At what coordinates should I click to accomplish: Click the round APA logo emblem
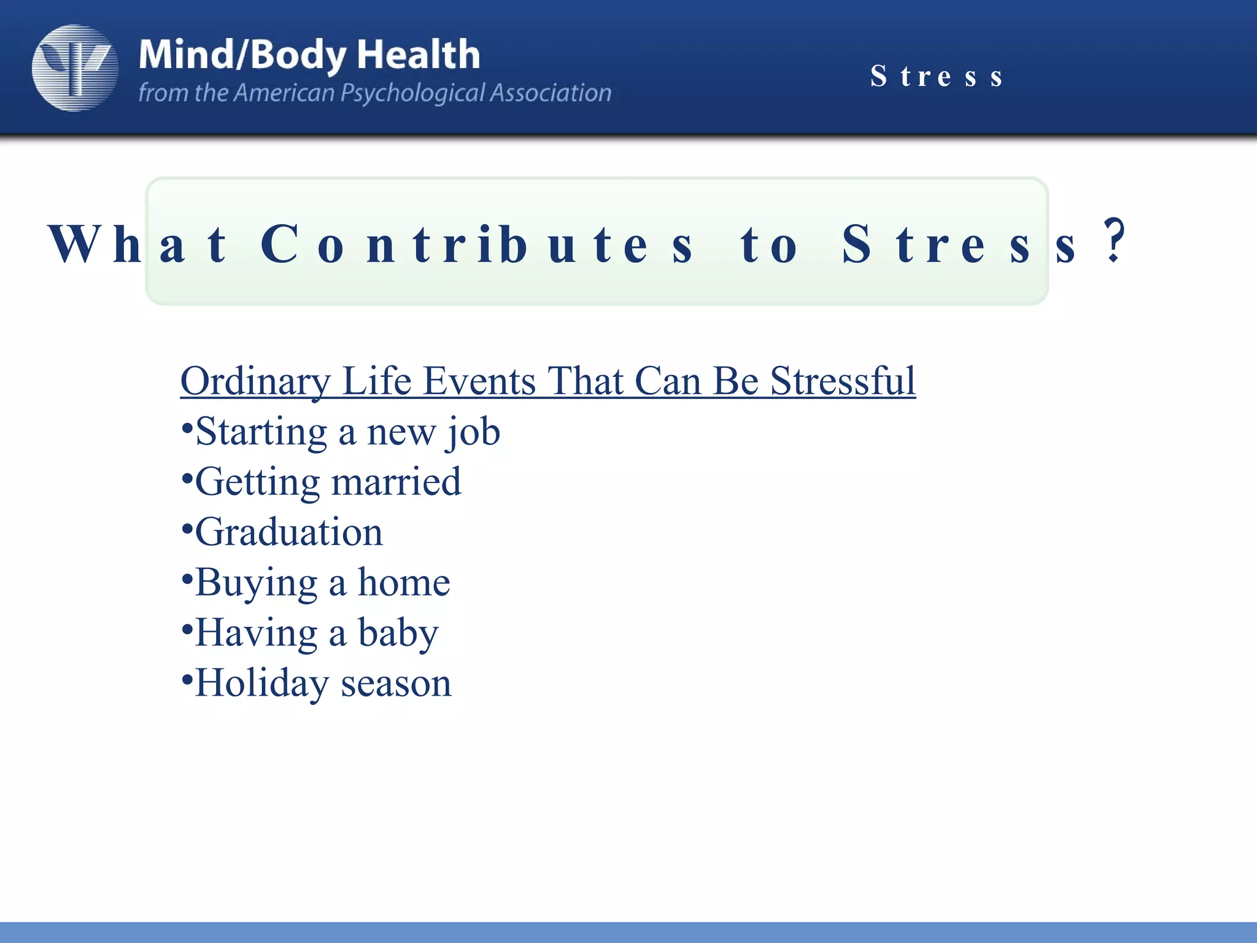pos(75,68)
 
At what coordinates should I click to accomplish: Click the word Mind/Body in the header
pos(242,55)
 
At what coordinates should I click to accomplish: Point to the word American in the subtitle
pos(284,93)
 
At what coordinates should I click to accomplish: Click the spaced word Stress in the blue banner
pos(937,77)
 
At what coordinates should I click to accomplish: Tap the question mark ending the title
pos(1113,241)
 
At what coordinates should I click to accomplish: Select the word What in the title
pos(138,244)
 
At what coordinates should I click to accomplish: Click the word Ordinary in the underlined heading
pos(256,382)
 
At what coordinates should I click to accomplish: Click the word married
pos(396,481)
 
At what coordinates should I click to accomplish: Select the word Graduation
pos(289,532)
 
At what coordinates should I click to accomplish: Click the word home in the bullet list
pos(404,582)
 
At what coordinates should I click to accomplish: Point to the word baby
pos(398,634)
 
